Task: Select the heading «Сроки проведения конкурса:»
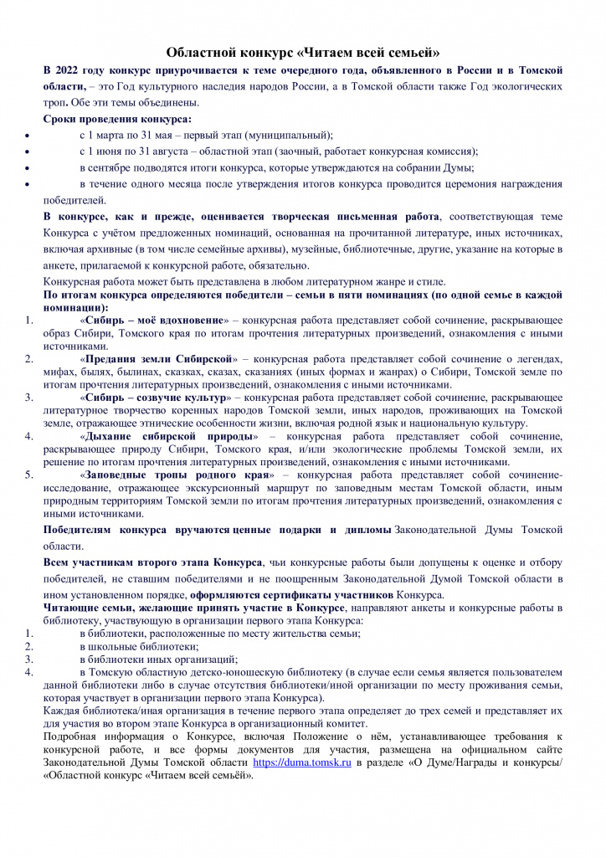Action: pos(117,119)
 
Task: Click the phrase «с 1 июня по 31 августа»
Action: pos(135,151)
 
